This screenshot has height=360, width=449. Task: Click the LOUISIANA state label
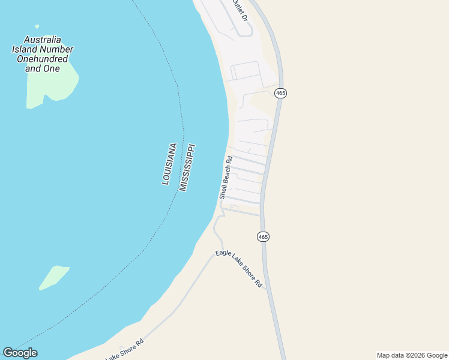[x=169, y=163]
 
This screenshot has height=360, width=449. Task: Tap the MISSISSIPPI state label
[x=187, y=167]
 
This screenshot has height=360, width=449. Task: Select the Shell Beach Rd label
[x=226, y=178]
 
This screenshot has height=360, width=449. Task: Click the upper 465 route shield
[x=280, y=93]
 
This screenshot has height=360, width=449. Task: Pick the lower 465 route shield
[x=263, y=236]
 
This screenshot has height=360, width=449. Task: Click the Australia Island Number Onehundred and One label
[x=43, y=54]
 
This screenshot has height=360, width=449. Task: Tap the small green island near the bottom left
[x=54, y=277]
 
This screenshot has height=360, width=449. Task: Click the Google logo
[x=20, y=353]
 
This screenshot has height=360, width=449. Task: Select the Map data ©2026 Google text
[x=412, y=355]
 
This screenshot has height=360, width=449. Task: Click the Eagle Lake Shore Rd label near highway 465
[x=239, y=268]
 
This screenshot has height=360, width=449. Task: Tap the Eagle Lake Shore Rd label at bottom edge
[x=125, y=350]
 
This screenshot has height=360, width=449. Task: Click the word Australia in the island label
[x=37, y=40]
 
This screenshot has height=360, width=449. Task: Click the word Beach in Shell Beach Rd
[x=226, y=176]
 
